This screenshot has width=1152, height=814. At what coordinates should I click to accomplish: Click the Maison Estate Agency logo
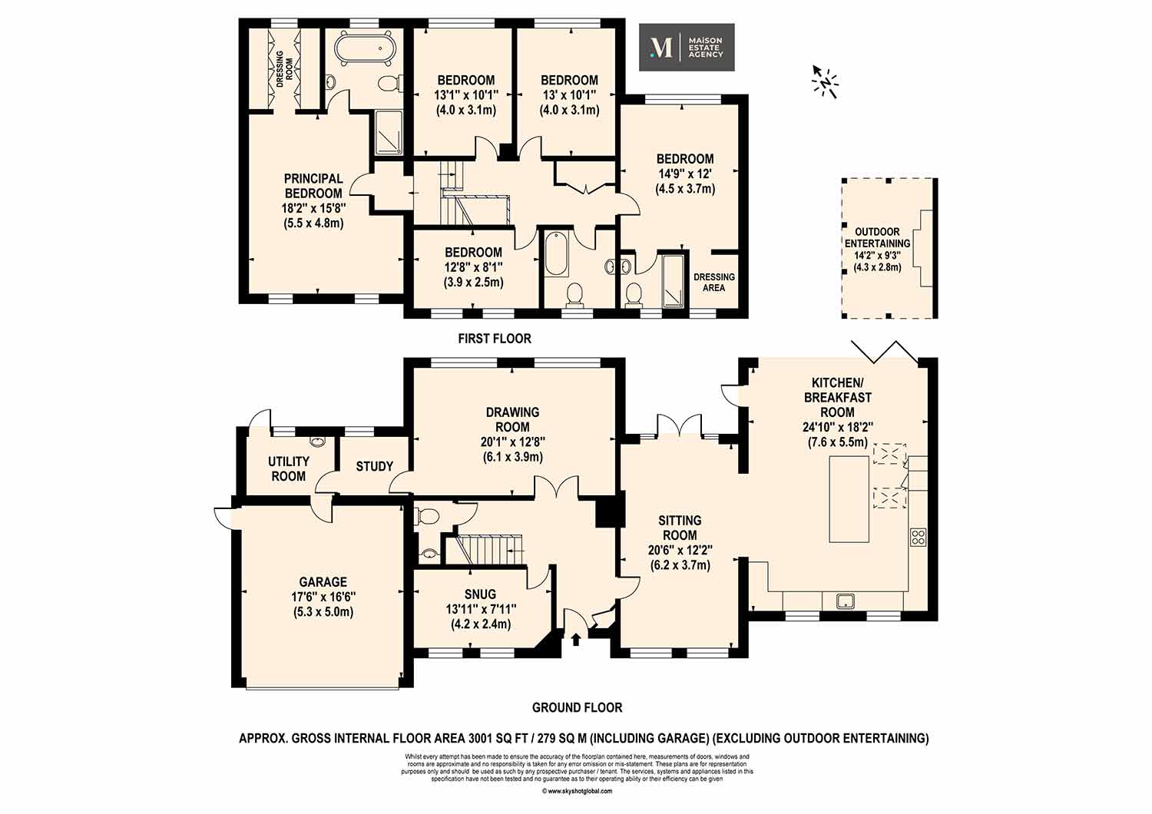[x=687, y=48]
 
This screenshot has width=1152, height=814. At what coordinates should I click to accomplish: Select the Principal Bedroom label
[x=313, y=186]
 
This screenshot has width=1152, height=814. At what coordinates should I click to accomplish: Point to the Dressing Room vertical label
[x=284, y=69]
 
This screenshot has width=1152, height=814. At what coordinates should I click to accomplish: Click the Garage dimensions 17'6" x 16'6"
[x=323, y=597]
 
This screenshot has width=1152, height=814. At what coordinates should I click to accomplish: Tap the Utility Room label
[x=289, y=468]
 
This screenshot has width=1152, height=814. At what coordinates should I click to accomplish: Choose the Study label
[x=375, y=466]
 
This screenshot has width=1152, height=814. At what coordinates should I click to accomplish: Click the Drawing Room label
[x=513, y=419]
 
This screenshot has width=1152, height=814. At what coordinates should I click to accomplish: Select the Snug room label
[x=480, y=594]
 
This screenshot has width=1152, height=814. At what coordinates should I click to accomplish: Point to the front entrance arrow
[x=575, y=639]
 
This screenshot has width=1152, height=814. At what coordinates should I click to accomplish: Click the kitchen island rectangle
[x=849, y=499]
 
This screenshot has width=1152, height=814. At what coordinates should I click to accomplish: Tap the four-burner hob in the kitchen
[x=918, y=537]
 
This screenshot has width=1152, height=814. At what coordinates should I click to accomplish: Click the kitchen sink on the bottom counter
[x=846, y=601]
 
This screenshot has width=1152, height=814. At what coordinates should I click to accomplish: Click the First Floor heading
[x=495, y=339]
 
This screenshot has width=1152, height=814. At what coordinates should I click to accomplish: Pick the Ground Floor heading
[x=577, y=707]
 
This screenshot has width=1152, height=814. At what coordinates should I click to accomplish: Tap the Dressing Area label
[x=713, y=283]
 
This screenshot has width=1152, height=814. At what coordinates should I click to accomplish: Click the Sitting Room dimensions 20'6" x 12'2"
[x=680, y=550]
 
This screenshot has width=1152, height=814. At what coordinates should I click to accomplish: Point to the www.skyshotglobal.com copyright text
[x=577, y=806]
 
